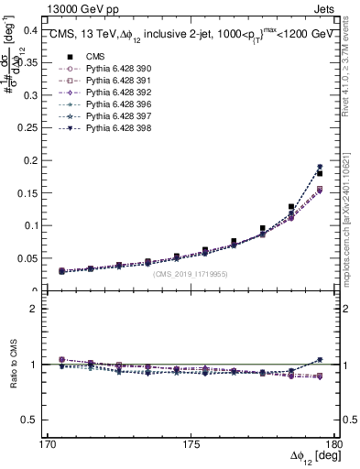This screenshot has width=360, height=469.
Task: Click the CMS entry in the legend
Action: (83, 57)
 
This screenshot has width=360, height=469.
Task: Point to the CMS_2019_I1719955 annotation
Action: (190, 274)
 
